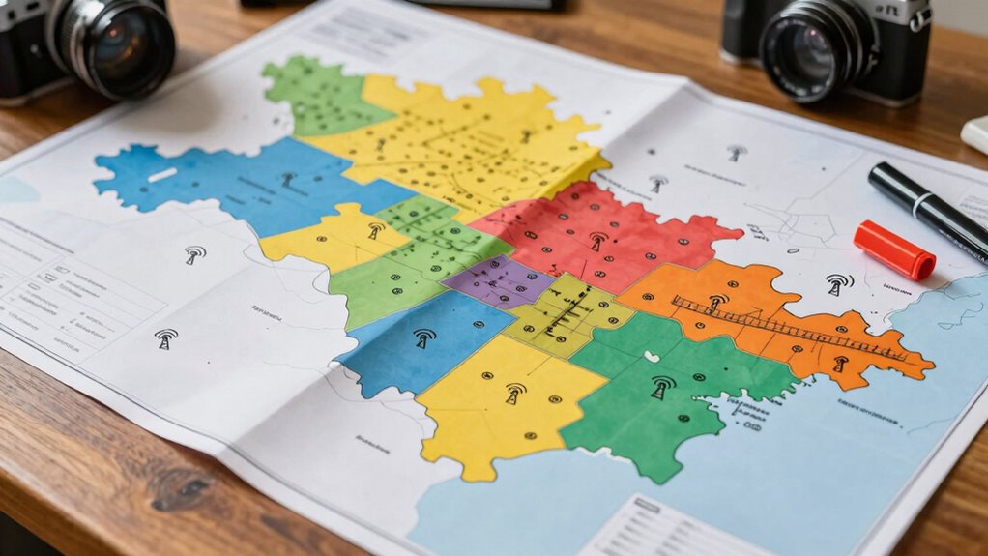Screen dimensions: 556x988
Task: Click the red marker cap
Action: [x=894, y=249]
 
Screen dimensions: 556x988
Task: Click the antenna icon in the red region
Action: [x=598, y=241]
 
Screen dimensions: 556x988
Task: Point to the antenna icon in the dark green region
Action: [x=662, y=387]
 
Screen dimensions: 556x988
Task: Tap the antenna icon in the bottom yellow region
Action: [x=515, y=393]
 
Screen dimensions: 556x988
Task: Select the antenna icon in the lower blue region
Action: [x=423, y=337]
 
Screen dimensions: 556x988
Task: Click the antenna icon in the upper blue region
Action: [x=288, y=179]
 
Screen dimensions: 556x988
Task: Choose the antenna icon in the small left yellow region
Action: [x=376, y=230]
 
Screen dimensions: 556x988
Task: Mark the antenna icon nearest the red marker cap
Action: [x=838, y=283]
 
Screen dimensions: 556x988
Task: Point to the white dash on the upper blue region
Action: [x=161, y=175]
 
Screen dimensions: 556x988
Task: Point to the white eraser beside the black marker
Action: [x=976, y=135]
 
